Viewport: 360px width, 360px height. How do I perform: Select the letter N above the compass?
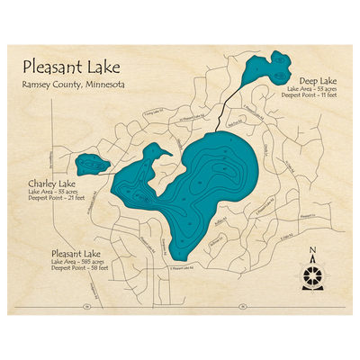pyautogui.click(x=311, y=253)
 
